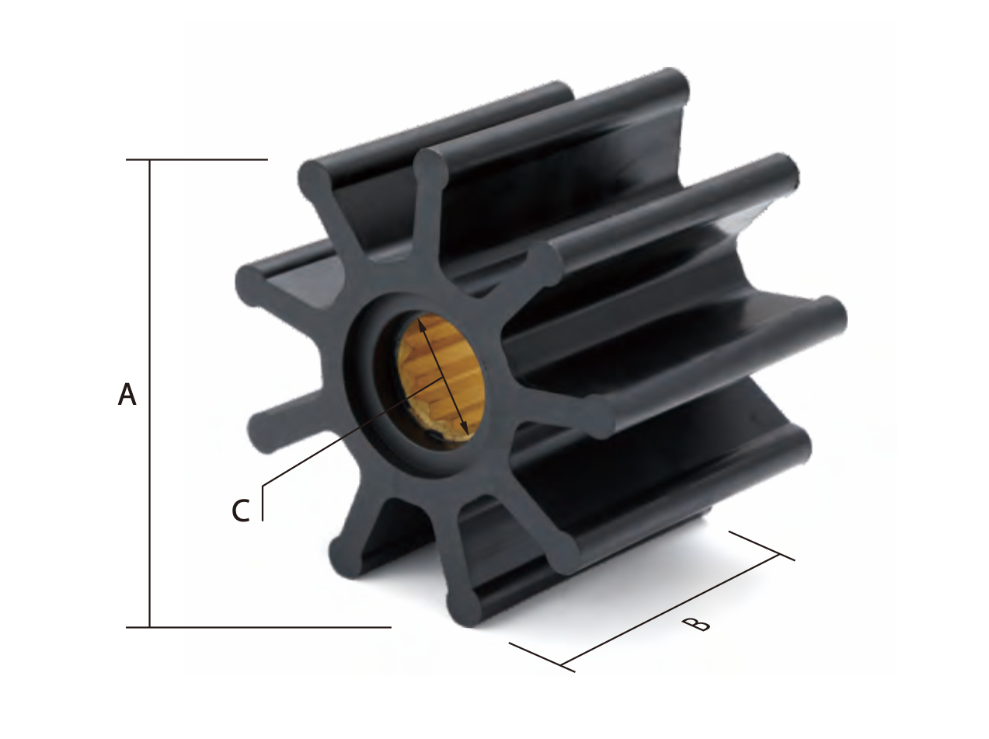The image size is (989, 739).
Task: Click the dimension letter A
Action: (x=127, y=394)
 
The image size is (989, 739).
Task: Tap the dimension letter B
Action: (x=696, y=625)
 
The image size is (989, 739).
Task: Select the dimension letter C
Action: (x=241, y=511)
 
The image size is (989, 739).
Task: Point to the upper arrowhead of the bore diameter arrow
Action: (x=422, y=326)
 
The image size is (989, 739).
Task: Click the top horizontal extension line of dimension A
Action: (x=197, y=159)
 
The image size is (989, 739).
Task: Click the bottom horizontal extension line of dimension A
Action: (x=258, y=627)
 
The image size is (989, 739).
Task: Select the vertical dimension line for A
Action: (x=150, y=393)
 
